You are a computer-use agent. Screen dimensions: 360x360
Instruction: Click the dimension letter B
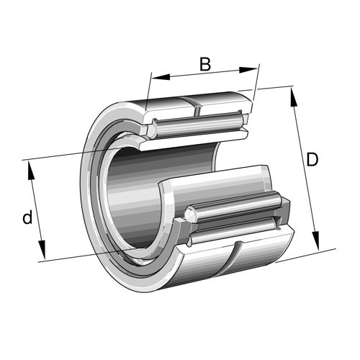(x=205, y=64)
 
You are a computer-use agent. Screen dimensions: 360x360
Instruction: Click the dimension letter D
(x=312, y=159)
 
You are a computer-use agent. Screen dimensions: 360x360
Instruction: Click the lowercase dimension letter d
(x=27, y=217)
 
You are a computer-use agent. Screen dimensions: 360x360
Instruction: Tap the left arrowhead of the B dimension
(x=161, y=77)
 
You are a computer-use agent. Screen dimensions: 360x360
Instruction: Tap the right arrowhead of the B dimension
(x=248, y=70)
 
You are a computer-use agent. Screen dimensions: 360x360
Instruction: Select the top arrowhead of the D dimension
(x=293, y=96)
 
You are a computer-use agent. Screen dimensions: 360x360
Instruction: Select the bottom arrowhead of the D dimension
(x=316, y=240)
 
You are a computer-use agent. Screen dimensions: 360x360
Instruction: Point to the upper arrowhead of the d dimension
(x=31, y=170)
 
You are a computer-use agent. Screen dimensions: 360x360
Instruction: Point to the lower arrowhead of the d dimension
(x=42, y=250)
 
